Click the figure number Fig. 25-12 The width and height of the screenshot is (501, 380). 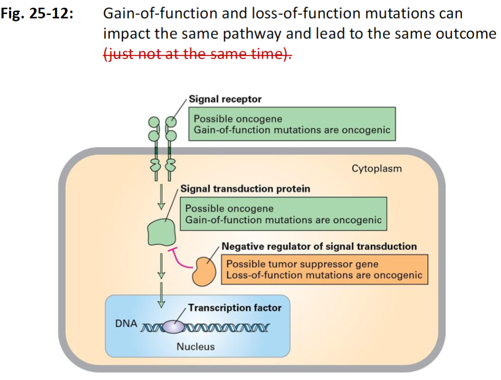(x=37, y=13)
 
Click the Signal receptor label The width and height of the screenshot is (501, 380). (x=225, y=99)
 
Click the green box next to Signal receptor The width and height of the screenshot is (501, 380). (x=291, y=124)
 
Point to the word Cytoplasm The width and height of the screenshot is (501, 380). (x=376, y=169)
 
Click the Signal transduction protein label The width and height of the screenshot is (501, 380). (x=245, y=189)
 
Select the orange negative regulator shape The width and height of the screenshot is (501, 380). (x=206, y=271)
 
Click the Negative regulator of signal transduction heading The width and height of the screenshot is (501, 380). (x=319, y=246)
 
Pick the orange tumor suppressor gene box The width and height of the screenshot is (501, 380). (x=324, y=270)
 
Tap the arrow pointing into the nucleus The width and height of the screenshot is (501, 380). (x=162, y=294)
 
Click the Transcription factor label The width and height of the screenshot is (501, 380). (x=235, y=308)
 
